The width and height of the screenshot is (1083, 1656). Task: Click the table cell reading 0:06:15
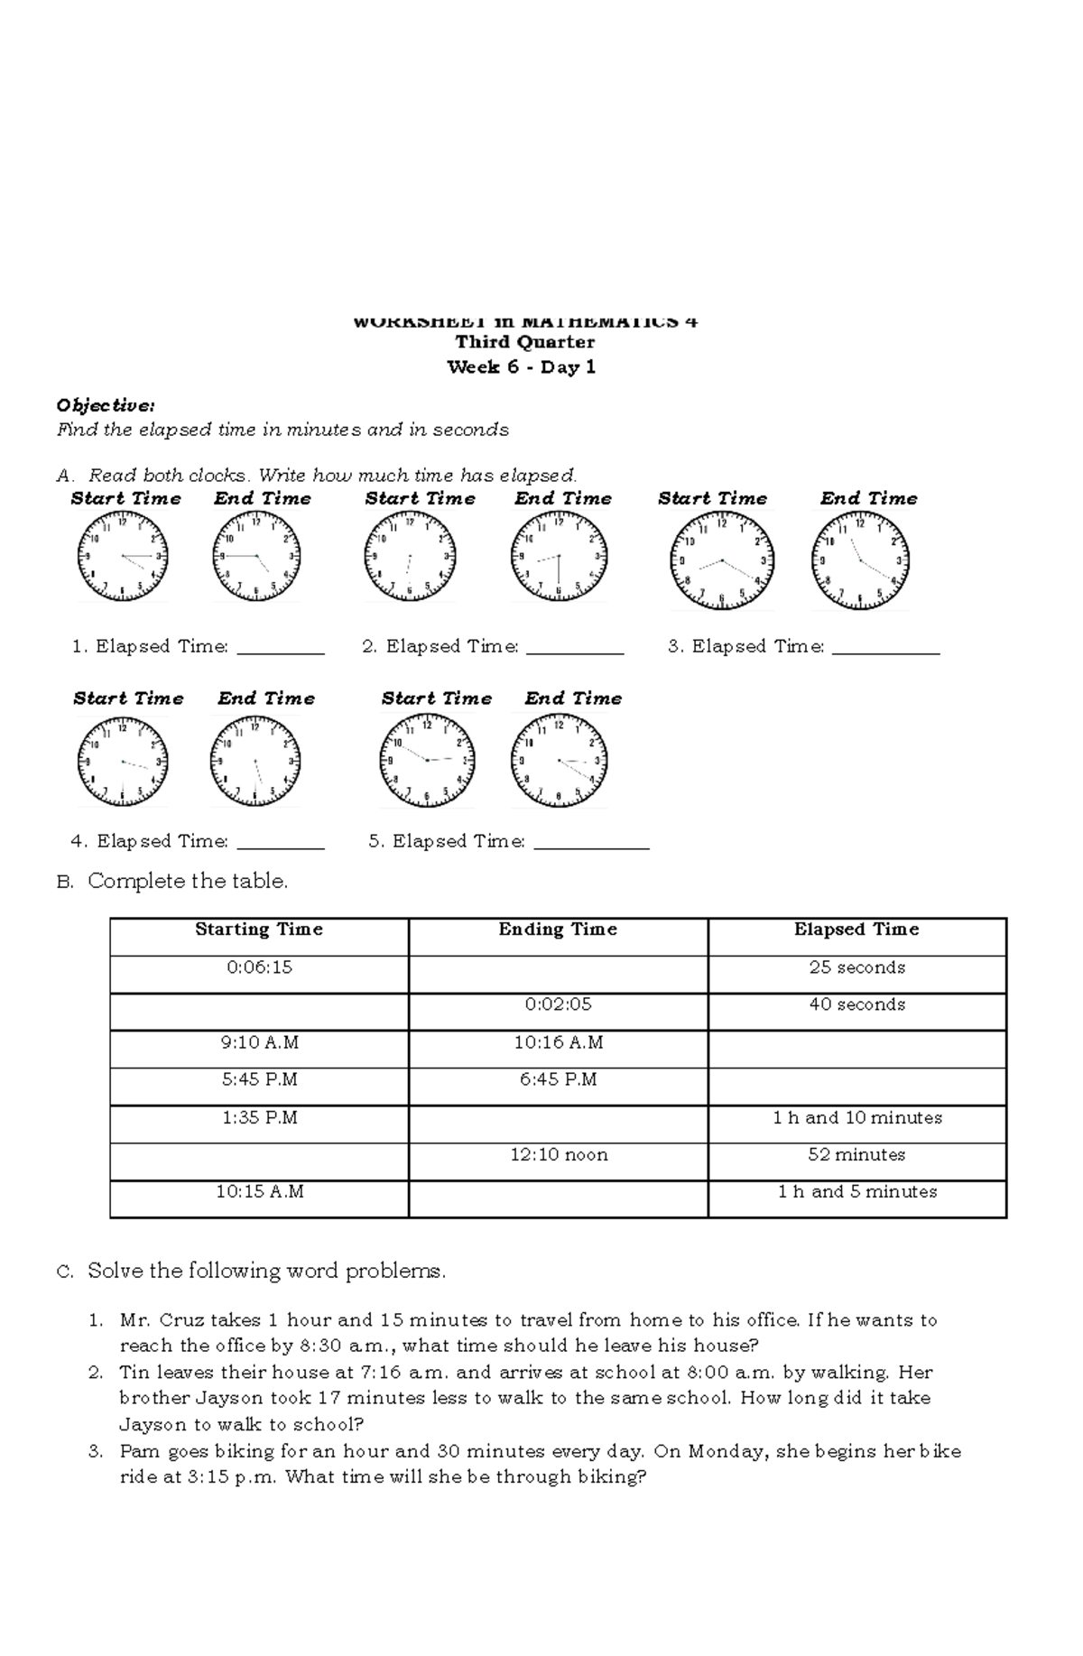tap(259, 967)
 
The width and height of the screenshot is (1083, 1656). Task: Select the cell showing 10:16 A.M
tap(558, 1042)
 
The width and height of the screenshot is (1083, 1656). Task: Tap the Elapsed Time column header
tap(856, 930)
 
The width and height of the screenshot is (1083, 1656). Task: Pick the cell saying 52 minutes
tap(856, 1154)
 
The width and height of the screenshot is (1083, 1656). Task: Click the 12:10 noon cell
tap(558, 1154)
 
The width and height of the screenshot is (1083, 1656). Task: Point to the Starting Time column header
tap(259, 930)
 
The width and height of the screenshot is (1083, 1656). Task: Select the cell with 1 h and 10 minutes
tap(856, 1117)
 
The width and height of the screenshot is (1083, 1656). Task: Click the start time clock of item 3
tap(721, 560)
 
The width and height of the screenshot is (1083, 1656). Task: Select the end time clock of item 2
tap(559, 556)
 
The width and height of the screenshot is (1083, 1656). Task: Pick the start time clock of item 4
tap(123, 762)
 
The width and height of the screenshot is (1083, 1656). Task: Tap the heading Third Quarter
tap(524, 342)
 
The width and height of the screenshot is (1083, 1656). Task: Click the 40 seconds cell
tap(856, 1004)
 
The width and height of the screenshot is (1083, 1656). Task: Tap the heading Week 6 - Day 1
tap(522, 367)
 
